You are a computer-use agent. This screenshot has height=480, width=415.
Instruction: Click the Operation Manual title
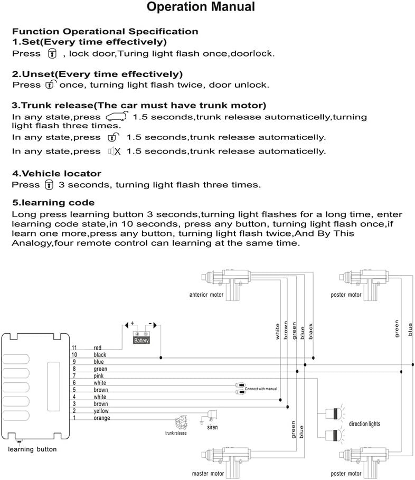tap(207, 7)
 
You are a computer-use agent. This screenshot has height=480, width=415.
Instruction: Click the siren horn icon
tap(212, 415)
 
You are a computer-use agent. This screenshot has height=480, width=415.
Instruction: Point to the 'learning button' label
tap(32, 449)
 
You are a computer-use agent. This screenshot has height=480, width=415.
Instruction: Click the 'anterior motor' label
tap(206, 295)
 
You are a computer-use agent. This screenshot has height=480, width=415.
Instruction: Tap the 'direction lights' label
tap(364, 424)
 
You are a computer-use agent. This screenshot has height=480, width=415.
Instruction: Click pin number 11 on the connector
tap(74, 347)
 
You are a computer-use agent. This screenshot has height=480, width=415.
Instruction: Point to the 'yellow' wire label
tap(101, 411)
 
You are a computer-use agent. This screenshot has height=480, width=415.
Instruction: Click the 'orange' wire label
tap(101, 418)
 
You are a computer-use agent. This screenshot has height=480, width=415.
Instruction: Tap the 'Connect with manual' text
tap(261, 389)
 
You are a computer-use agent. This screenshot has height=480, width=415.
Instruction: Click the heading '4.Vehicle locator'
tap(56, 173)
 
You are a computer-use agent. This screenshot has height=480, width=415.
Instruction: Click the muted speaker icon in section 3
tap(114, 152)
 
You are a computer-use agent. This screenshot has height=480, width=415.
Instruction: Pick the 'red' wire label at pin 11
tap(97, 347)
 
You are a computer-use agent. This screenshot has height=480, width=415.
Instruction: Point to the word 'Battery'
tap(142, 341)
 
